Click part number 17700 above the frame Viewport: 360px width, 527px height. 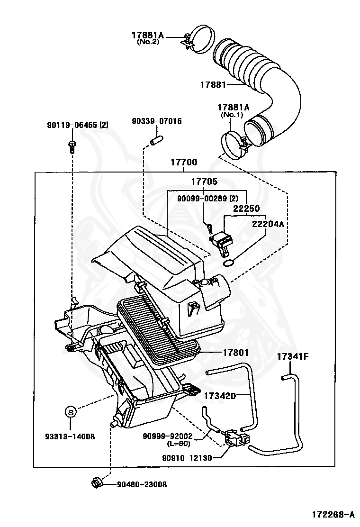[184, 163]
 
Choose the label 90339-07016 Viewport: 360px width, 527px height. [156, 121]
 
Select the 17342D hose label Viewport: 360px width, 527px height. [220, 394]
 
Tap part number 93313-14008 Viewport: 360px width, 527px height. [70, 436]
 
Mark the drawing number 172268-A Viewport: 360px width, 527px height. [333, 514]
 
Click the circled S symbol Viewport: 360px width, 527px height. [70, 412]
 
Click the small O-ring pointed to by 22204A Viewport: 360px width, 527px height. [228, 263]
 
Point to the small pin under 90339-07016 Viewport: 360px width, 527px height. [156, 140]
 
